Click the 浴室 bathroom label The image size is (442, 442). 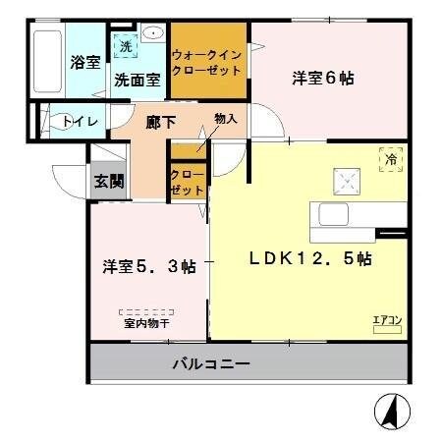(83, 62)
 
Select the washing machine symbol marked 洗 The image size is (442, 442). (125, 45)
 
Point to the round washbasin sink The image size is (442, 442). (152, 34)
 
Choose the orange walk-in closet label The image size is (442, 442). (207, 63)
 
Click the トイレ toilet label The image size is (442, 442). (78, 122)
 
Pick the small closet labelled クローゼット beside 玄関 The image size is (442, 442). (188, 182)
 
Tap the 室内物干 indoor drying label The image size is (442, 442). (147, 320)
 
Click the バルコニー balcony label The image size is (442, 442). (211, 363)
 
